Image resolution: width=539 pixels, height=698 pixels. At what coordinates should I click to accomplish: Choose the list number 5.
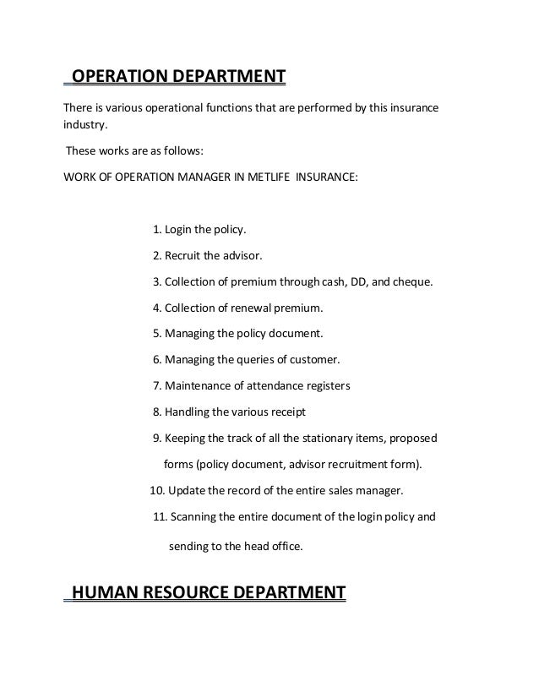click(157, 333)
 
